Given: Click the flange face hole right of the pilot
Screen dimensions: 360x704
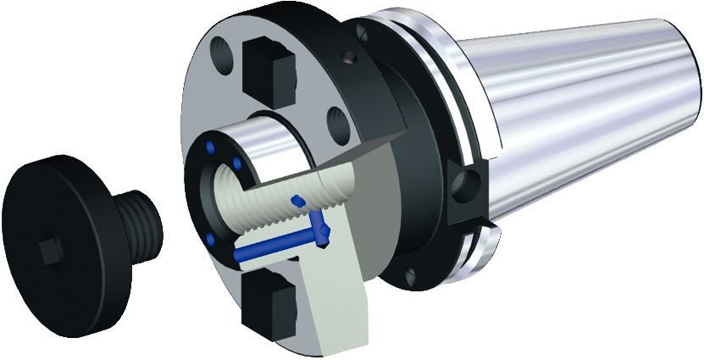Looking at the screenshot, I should [338, 125].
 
